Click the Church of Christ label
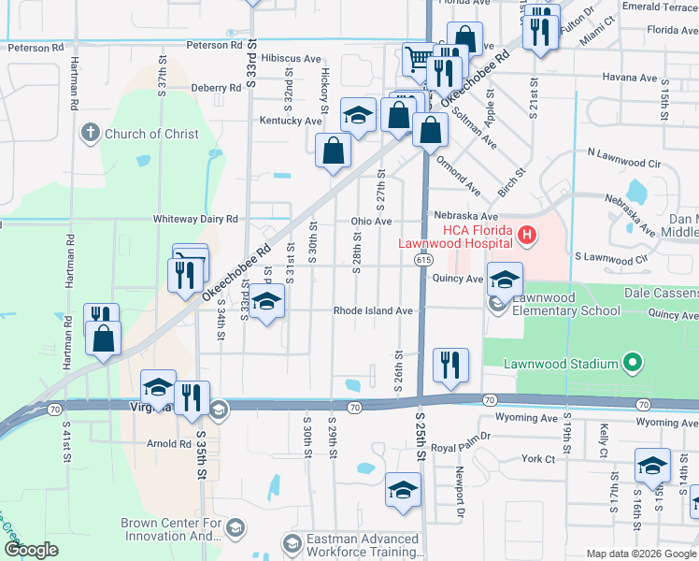(151, 134)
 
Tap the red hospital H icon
(527, 236)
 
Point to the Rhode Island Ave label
(373, 310)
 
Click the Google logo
(32, 551)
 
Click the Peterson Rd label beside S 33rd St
(215, 45)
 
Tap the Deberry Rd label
(216, 88)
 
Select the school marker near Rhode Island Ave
(267, 302)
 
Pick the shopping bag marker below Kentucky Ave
(334, 151)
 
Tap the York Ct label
(538, 459)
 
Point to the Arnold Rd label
(169, 444)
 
